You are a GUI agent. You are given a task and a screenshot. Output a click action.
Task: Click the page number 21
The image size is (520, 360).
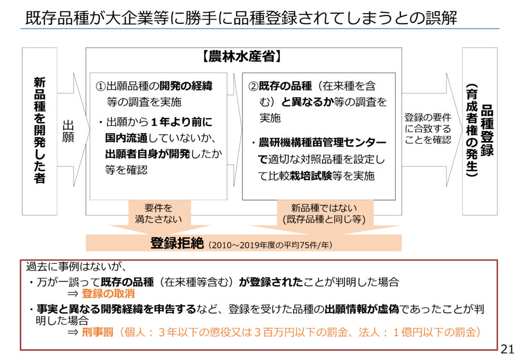click(x=507, y=349)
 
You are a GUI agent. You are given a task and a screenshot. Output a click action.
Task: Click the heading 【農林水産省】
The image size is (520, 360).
click(x=242, y=57)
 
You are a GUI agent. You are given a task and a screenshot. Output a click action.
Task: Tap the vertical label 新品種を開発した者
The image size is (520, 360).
click(x=40, y=130)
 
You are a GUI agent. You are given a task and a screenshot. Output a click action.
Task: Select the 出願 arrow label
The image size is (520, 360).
click(x=68, y=132)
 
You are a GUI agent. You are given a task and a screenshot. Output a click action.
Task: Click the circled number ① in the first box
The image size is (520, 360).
click(x=101, y=86)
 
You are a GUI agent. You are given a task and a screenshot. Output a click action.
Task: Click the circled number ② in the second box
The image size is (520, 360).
click(x=253, y=86)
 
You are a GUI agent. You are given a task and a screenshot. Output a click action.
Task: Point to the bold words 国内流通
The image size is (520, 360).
click(x=126, y=138)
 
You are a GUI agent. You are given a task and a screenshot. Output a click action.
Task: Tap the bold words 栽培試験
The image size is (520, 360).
click(x=311, y=176)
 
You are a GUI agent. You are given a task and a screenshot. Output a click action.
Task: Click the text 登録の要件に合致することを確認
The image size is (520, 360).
click(x=428, y=128)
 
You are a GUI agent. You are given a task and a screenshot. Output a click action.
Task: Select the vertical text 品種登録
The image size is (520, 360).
click(x=487, y=130)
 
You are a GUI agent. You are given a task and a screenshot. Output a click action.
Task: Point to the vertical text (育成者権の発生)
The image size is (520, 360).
click(x=472, y=130)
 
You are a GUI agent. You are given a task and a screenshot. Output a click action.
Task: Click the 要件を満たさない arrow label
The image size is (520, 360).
click(x=158, y=213)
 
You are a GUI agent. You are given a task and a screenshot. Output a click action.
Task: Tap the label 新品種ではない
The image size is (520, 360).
click(x=324, y=208)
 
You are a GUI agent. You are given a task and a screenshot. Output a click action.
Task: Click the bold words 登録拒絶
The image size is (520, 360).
click(x=177, y=243)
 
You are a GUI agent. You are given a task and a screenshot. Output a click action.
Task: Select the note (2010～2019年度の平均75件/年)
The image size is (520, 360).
click(x=271, y=245)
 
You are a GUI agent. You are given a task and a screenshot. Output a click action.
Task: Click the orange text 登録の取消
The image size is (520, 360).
click(x=108, y=293)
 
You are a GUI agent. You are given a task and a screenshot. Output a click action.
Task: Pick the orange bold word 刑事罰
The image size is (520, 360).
click(x=97, y=332)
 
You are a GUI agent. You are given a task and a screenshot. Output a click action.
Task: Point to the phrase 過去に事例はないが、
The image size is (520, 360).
click(x=76, y=266)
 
